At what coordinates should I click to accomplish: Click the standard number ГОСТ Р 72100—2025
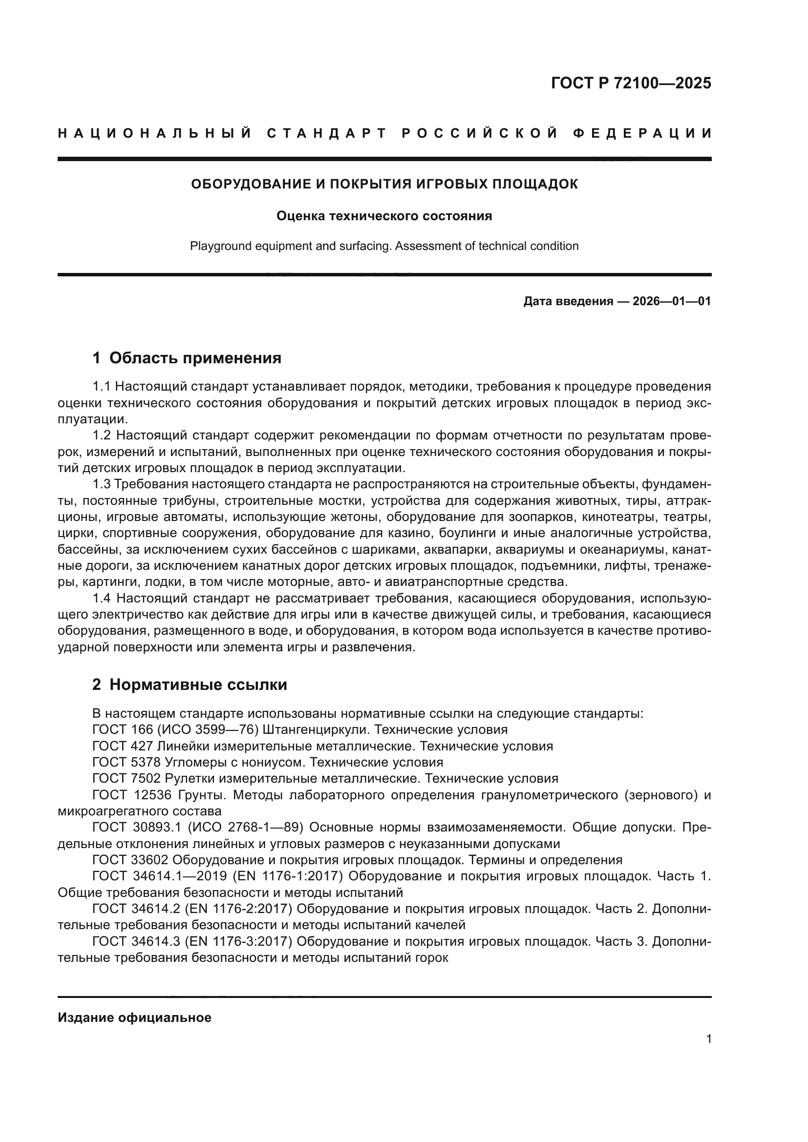point(630,83)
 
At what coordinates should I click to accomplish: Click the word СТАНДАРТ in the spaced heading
point(327,133)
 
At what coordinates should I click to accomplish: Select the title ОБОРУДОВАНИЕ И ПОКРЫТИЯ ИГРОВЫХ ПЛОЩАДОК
point(384,184)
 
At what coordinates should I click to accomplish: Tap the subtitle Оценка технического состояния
point(384,216)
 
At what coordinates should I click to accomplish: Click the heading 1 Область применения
point(187,357)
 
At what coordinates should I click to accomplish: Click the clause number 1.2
point(102,436)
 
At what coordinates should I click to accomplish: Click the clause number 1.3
point(102,484)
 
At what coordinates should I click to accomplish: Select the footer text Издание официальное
point(134,1017)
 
